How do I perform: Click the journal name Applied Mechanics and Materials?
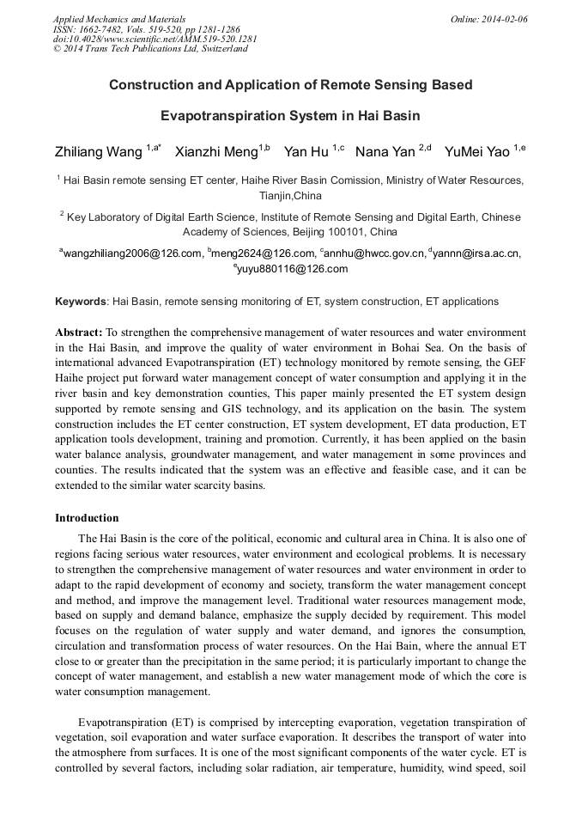pyautogui.click(x=118, y=18)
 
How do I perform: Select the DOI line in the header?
pyautogui.click(x=155, y=39)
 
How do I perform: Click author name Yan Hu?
pyautogui.click(x=306, y=153)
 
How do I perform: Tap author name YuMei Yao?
pyautogui.click(x=477, y=153)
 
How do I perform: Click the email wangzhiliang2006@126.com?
pyautogui.click(x=131, y=253)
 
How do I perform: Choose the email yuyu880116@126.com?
pyautogui.click(x=292, y=269)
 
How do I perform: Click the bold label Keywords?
pyautogui.click(x=81, y=302)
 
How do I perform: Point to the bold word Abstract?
pyautogui.click(x=78, y=332)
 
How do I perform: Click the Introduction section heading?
pyautogui.click(x=87, y=518)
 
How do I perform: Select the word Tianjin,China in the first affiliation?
pyautogui.click(x=291, y=196)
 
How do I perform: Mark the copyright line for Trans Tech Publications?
pyautogui.click(x=150, y=49)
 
